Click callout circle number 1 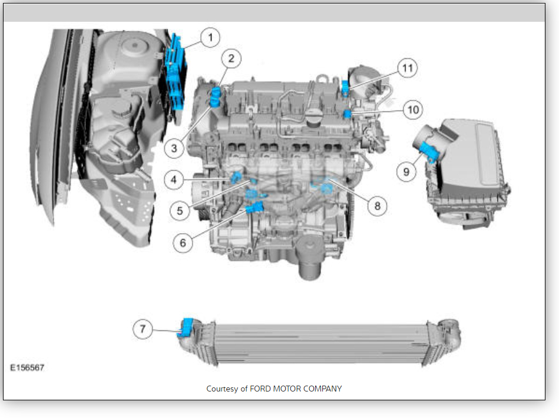210,38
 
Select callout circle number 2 231,58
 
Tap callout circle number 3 174,148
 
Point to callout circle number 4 174,180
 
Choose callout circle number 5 180,211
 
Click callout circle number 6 183,243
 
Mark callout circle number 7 143,329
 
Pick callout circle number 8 377,206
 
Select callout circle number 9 406,172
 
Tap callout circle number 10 413,110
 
